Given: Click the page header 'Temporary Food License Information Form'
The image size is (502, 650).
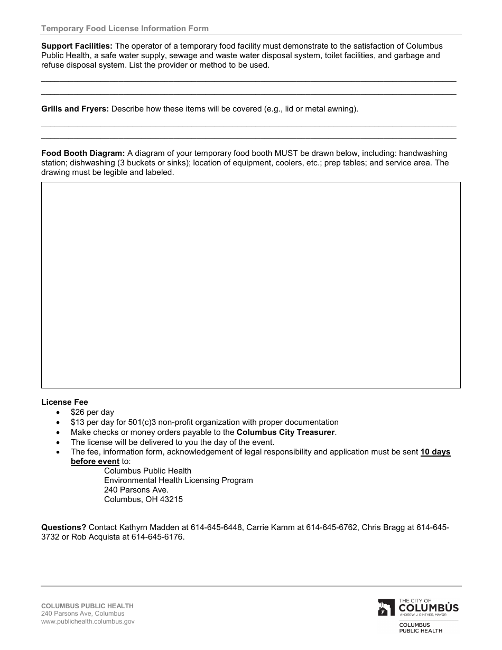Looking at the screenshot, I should [125, 29].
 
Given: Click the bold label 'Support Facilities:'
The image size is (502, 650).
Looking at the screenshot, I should [77, 46].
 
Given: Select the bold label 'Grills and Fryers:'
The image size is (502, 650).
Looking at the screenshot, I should [75, 109].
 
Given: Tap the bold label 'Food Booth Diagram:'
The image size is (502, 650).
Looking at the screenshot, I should [83, 153].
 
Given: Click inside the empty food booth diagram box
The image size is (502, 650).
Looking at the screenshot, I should [250, 285].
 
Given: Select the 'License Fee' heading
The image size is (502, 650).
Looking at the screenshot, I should [64, 402].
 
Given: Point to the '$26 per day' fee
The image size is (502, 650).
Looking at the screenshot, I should [92, 412].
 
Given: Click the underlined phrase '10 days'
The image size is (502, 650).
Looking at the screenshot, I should [435, 452].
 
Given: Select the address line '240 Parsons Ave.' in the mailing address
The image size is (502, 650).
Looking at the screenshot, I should [136, 490].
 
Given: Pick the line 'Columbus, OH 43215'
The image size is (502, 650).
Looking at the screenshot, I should [143, 499].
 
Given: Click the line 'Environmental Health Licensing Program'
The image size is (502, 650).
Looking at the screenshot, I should [178, 480].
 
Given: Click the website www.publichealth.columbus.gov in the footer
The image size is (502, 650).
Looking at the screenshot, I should [88, 621].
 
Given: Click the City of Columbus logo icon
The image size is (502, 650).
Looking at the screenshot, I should [386, 608].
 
